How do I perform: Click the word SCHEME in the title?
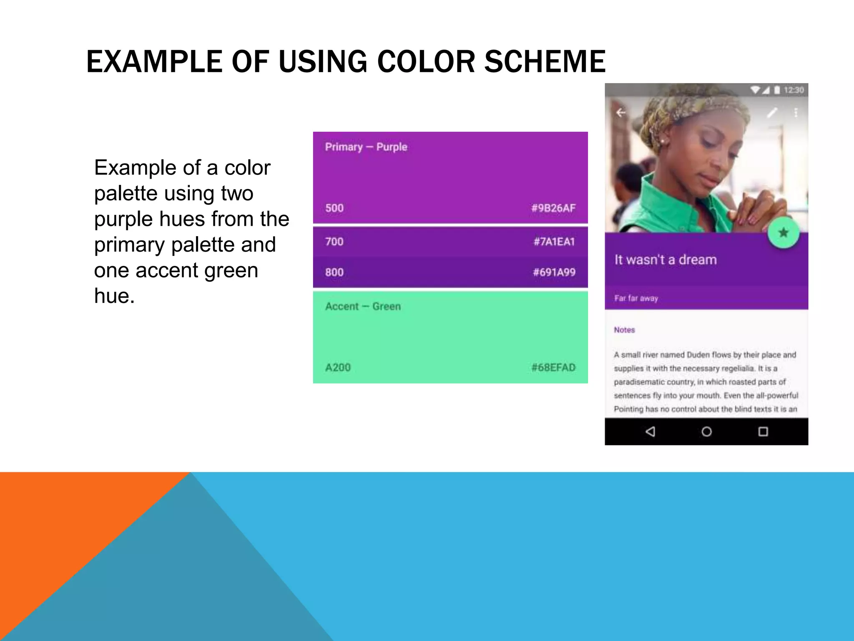coord(545,62)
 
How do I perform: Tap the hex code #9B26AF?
coord(553,208)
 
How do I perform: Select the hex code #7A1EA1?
coord(554,242)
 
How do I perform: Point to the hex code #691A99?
coord(554,273)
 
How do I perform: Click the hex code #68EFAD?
coord(553,367)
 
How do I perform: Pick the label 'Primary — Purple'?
coord(366,147)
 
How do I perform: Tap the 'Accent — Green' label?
coord(363,306)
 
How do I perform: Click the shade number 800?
coord(334,273)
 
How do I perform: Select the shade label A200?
coord(338,367)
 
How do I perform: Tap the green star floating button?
coord(783,232)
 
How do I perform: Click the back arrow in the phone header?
coord(621,112)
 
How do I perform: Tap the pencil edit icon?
coord(772,112)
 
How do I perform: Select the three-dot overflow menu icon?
coord(796,112)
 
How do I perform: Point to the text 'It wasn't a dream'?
coord(666,260)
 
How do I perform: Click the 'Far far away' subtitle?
coord(636,298)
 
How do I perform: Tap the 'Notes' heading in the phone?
coord(624,330)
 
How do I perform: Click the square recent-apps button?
coord(763,432)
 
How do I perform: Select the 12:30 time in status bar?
coord(794,90)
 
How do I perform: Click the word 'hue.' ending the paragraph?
coord(114,296)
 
